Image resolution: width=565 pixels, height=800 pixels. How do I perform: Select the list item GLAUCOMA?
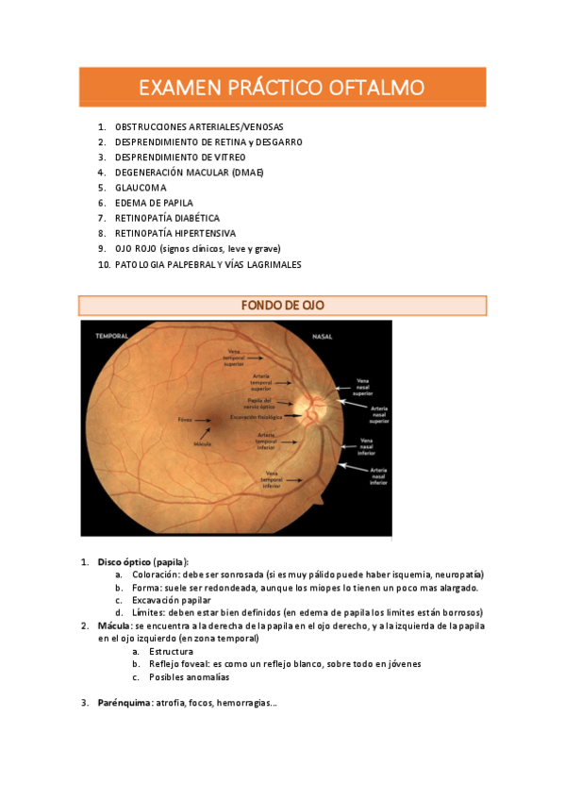[x=141, y=188]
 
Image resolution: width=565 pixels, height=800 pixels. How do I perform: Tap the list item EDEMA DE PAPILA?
[x=154, y=203]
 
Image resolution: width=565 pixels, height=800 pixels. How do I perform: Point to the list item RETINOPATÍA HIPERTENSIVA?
[x=175, y=233]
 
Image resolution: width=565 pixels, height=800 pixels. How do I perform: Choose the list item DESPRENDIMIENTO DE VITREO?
[x=180, y=158]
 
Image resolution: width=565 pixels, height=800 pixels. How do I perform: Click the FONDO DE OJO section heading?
[x=282, y=306]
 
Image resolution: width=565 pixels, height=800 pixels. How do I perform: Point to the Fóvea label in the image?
[x=185, y=418]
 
